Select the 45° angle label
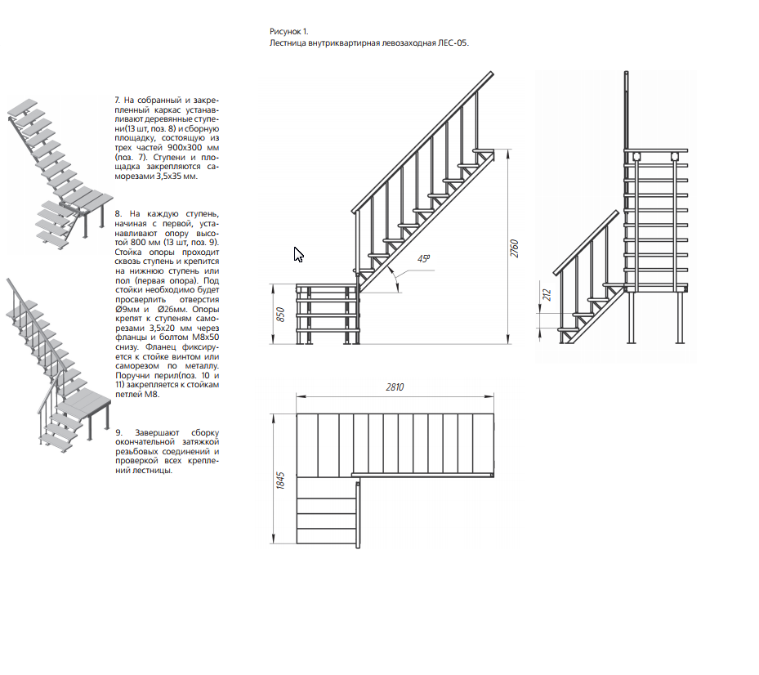(x=423, y=258)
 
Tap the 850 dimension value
(x=280, y=314)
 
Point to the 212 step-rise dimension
(x=547, y=294)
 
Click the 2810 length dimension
(x=395, y=387)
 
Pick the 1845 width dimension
(x=280, y=481)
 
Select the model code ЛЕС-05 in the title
(x=453, y=42)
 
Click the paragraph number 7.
(x=117, y=100)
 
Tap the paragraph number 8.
(x=117, y=212)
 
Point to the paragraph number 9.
(x=118, y=431)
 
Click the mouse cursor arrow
(x=298, y=254)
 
